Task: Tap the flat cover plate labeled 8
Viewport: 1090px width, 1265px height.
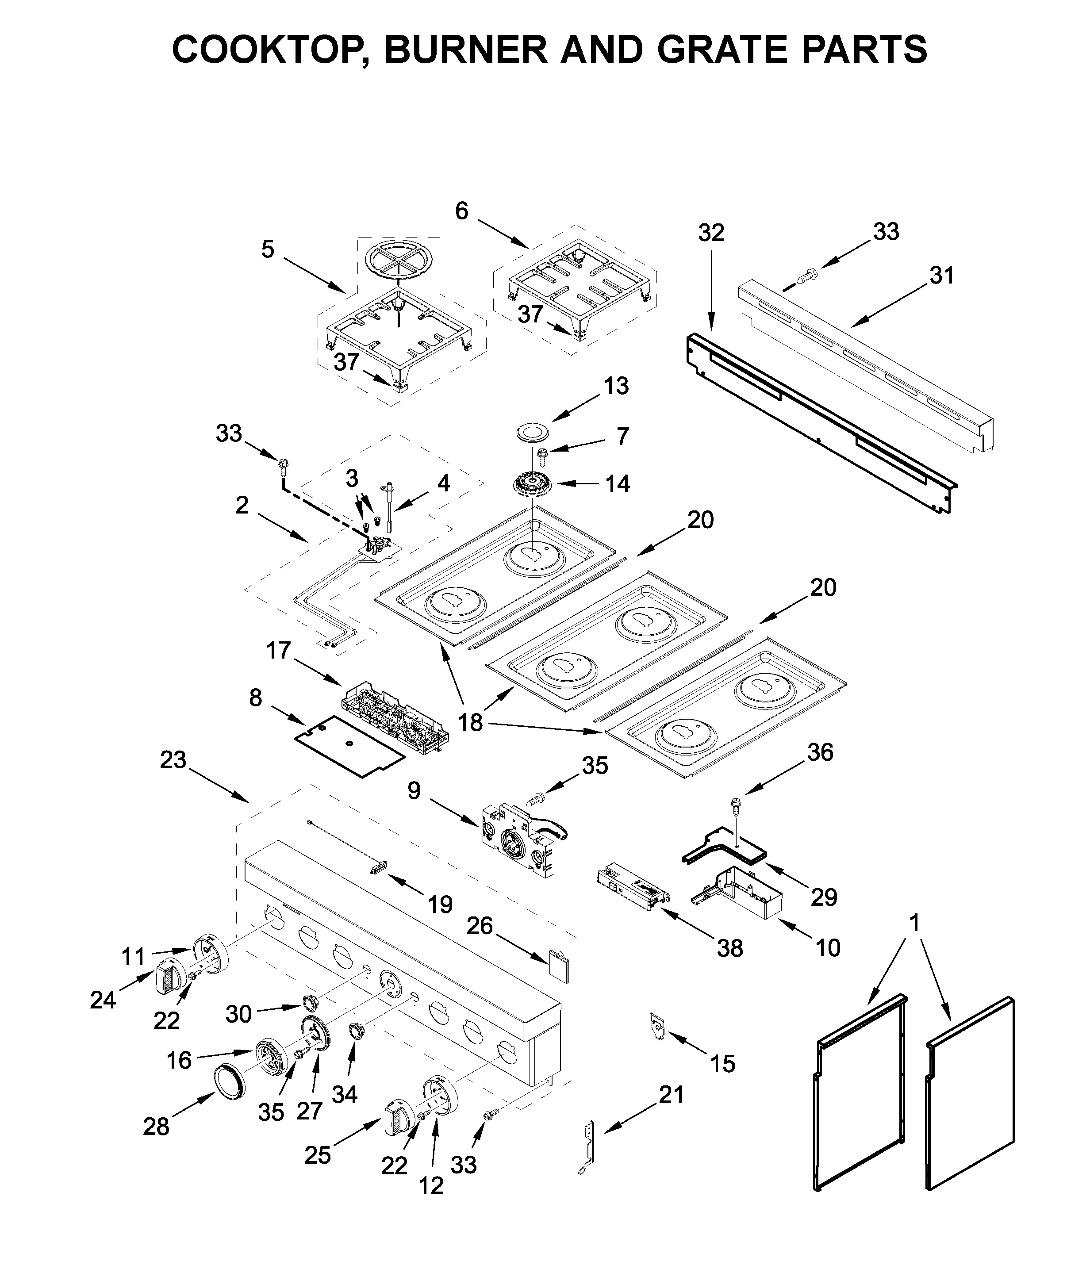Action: [350, 747]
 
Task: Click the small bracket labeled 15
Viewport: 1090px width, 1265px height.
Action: [657, 1026]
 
